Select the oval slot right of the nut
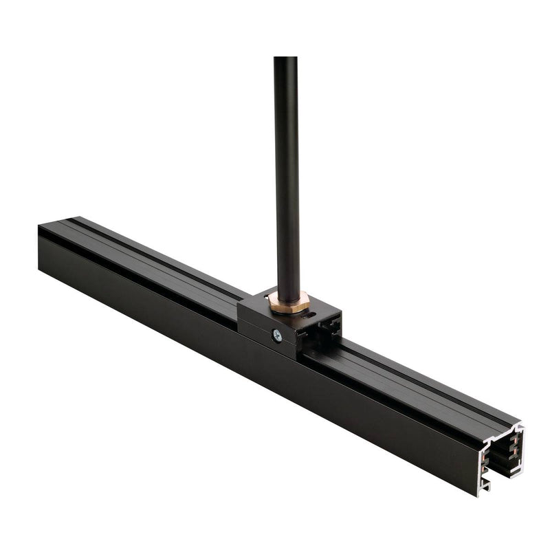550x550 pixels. [313, 316]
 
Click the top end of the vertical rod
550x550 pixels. [285, 58]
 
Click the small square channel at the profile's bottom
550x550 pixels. [486, 483]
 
